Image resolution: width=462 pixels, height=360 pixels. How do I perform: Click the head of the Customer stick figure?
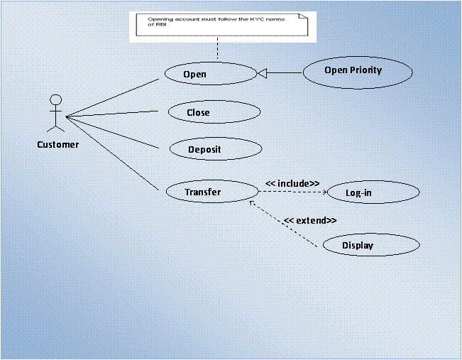(55, 100)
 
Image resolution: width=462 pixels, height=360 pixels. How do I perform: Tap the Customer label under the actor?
(58, 145)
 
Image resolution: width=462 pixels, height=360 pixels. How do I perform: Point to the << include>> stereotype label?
(292, 183)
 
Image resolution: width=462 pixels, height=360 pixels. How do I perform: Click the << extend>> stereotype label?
(310, 220)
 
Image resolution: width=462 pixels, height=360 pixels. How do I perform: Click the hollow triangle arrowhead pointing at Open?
(260, 72)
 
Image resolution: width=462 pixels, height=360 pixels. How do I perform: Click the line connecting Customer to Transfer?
(112, 153)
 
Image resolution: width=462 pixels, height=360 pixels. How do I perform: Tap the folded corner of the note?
(306, 17)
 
